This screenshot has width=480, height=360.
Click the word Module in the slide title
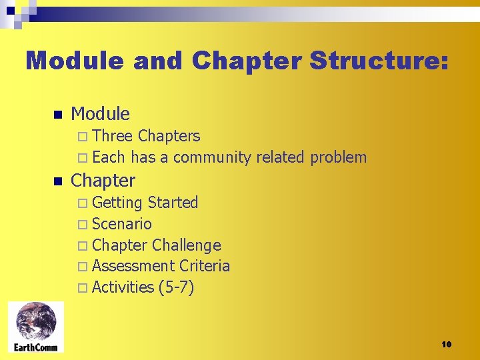coord(74,61)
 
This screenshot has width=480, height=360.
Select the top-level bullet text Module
coord(100,114)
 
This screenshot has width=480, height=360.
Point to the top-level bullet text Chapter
coord(103,181)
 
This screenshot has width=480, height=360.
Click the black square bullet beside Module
coord(57,115)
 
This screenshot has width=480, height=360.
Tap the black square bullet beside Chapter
coord(57,181)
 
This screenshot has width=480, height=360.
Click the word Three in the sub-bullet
coord(113,136)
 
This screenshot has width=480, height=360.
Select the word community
coord(211,158)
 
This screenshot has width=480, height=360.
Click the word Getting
coord(117,203)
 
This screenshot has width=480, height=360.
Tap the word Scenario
coord(122,224)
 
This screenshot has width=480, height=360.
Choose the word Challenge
coord(186,245)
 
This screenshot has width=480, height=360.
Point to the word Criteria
coord(205,266)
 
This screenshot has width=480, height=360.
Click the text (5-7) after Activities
coord(177,287)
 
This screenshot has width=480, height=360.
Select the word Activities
coord(123,287)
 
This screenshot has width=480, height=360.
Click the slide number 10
coord(446,344)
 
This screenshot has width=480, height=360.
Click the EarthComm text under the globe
coord(36,347)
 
